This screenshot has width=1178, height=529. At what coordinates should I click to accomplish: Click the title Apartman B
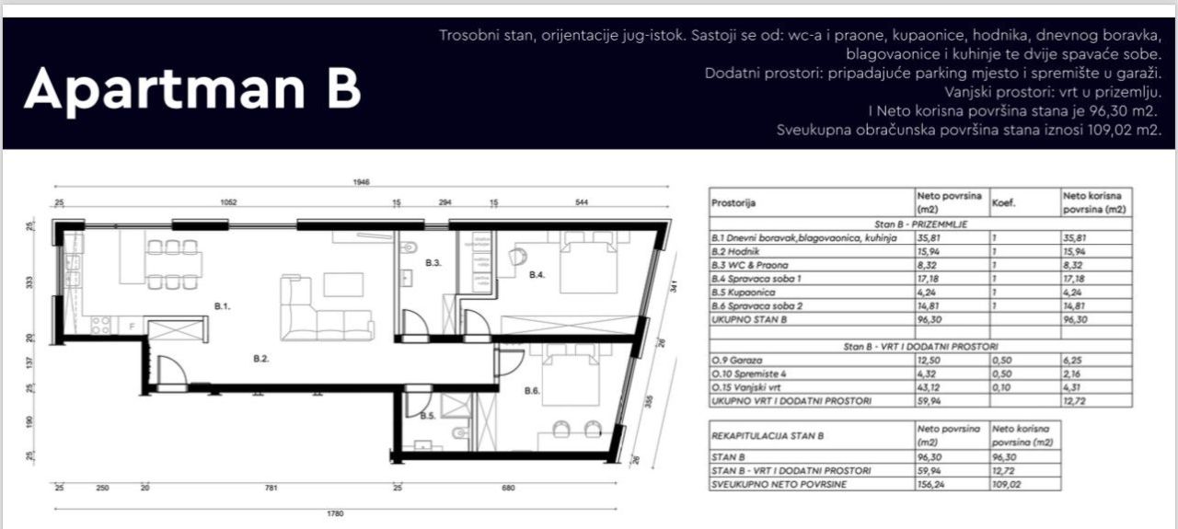tap(192, 89)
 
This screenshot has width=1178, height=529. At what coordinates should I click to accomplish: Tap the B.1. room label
tap(223, 305)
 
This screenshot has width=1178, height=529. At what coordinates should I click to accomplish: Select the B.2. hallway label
tap(260, 360)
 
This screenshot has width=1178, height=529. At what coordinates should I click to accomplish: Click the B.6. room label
tap(532, 392)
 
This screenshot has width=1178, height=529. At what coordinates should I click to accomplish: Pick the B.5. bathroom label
tap(428, 417)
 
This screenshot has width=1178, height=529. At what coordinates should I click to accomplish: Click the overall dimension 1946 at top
tap(360, 183)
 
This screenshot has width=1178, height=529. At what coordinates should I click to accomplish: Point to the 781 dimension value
tap(271, 488)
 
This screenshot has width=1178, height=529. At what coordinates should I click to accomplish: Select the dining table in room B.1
tap(173, 264)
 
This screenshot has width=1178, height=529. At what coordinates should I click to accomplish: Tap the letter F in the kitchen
tap(133, 326)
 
